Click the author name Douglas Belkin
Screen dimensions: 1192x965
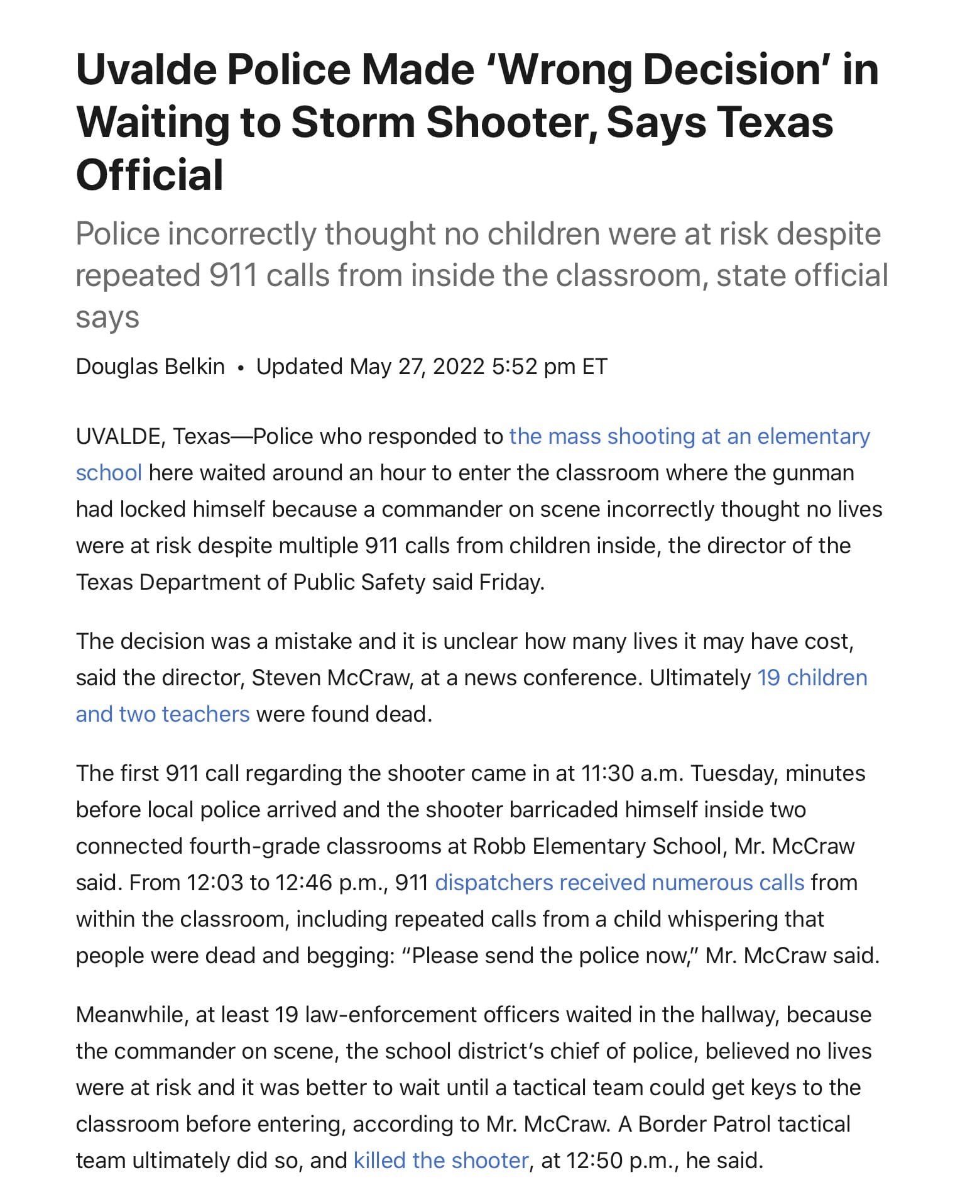click(x=150, y=367)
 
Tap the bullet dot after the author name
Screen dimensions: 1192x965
click(x=241, y=368)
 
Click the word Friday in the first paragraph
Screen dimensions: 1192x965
click(x=510, y=582)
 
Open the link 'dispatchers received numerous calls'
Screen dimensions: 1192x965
click(x=619, y=883)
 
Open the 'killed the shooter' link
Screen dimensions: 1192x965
click(x=441, y=1161)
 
